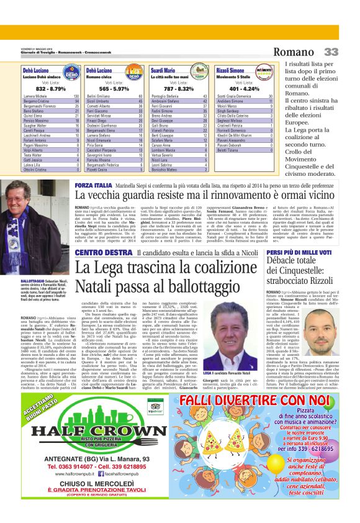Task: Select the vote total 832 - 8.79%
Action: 41,89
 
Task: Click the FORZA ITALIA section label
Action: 92,186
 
